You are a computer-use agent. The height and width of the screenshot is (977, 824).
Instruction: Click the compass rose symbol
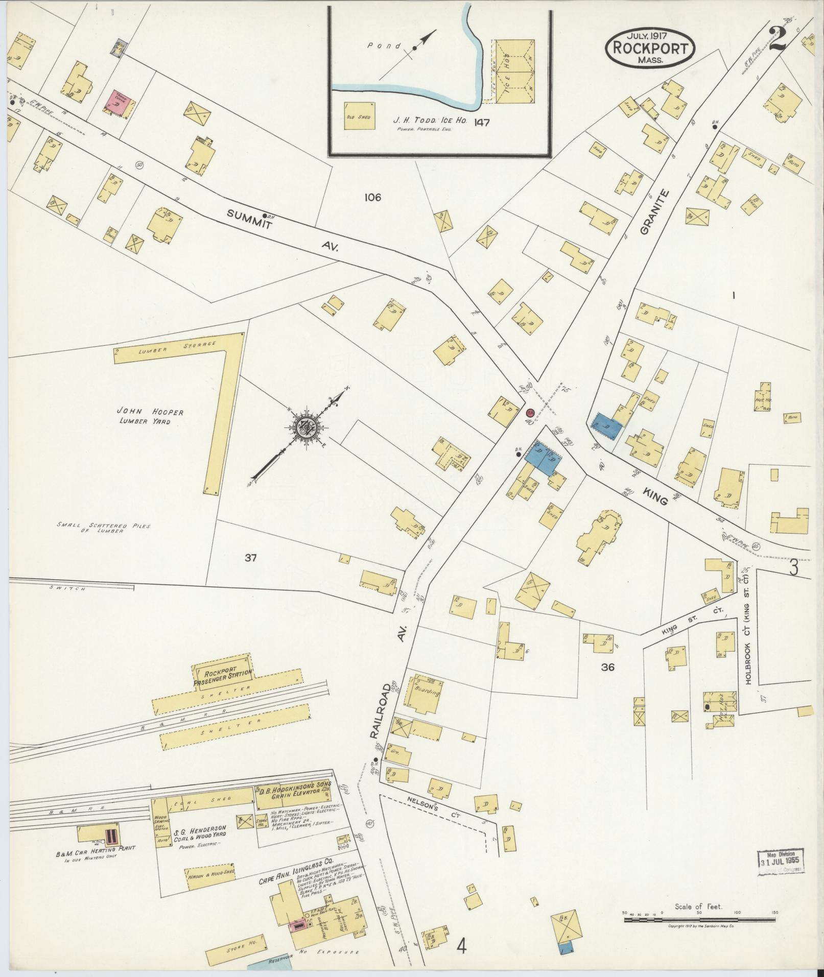coord(305,427)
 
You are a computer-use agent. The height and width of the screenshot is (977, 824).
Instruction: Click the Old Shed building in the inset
coord(359,116)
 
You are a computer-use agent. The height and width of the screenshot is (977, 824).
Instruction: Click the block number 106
coord(372,197)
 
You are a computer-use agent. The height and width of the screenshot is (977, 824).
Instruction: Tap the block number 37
coord(250,558)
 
